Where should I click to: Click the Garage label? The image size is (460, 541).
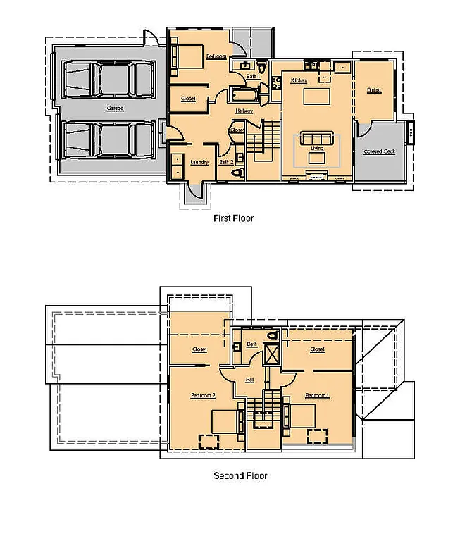pos(115,108)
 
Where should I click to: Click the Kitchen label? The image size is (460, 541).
pos(299,81)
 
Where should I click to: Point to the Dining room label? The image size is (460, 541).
pos(374,90)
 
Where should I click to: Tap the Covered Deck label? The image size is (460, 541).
pos(379,151)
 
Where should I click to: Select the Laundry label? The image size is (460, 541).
pos(199,163)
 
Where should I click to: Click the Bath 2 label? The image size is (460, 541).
pos(225,163)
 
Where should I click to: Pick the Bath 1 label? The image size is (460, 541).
pos(253,76)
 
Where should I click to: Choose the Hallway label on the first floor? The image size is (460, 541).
pos(244,111)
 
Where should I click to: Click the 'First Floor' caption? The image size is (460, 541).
pos(233,218)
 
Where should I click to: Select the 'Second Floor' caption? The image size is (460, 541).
pos(240,476)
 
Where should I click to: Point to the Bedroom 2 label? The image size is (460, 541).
pos(203,396)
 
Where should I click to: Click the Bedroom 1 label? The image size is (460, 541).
pos(317,396)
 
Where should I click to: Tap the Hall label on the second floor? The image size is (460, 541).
pos(249,380)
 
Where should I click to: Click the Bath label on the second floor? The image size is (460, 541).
pos(251,344)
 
